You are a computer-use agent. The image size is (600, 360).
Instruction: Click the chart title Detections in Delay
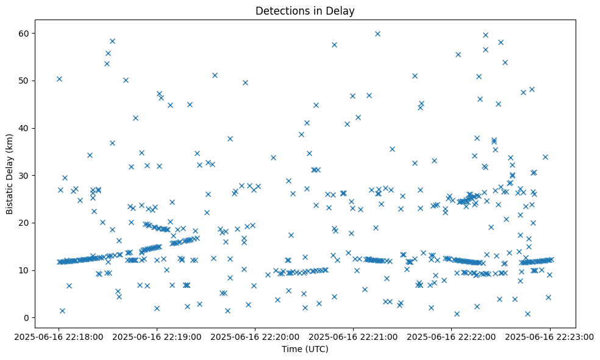[305, 10]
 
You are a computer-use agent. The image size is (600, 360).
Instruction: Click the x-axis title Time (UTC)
[305, 349]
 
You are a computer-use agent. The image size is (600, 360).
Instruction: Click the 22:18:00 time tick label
[59, 335]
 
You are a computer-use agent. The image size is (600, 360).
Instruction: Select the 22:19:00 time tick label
[157, 335]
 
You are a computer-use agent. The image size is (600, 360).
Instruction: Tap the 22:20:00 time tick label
[255, 335]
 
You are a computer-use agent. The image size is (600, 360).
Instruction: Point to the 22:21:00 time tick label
[354, 335]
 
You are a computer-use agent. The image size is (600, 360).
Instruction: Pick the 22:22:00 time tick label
[452, 335]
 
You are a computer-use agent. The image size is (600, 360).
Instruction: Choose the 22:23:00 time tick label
[550, 335]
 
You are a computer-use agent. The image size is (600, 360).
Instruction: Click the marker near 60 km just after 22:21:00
[377, 34]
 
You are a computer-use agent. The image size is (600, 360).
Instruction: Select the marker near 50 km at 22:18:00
[59, 79]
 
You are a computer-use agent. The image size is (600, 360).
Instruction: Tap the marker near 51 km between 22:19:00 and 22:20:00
[215, 75]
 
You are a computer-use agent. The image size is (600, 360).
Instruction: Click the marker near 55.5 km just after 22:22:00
[458, 54]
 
